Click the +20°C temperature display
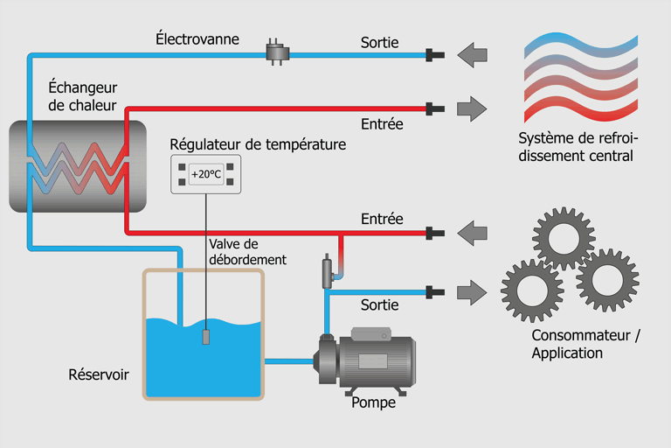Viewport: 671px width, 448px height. [206, 174]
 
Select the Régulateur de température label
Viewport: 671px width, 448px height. [258, 143]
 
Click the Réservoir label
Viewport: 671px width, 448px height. [99, 374]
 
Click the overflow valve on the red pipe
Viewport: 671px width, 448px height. [329, 270]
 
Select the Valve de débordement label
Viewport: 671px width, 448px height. [248, 252]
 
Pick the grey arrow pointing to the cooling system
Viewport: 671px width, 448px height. [473, 109]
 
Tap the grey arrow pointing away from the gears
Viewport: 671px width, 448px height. [473, 234]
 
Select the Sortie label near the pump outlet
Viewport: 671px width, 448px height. [379, 304]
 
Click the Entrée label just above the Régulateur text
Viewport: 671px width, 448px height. [382, 124]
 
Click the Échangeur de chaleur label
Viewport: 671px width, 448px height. [83, 96]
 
